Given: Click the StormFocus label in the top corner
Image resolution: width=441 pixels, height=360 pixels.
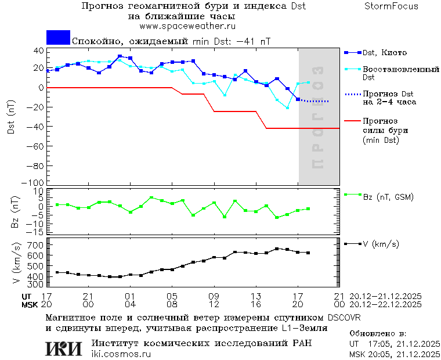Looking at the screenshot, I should (x=391, y=6).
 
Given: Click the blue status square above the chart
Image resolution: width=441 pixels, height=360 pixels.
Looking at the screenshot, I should (x=58, y=38).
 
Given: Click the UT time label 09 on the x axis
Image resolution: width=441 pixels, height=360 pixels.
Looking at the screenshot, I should (x=214, y=296).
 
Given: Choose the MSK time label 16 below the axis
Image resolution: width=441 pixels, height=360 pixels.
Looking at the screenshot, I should (x=256, y=304).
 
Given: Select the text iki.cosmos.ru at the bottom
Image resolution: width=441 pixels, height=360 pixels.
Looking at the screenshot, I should (x=121, y=354).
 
